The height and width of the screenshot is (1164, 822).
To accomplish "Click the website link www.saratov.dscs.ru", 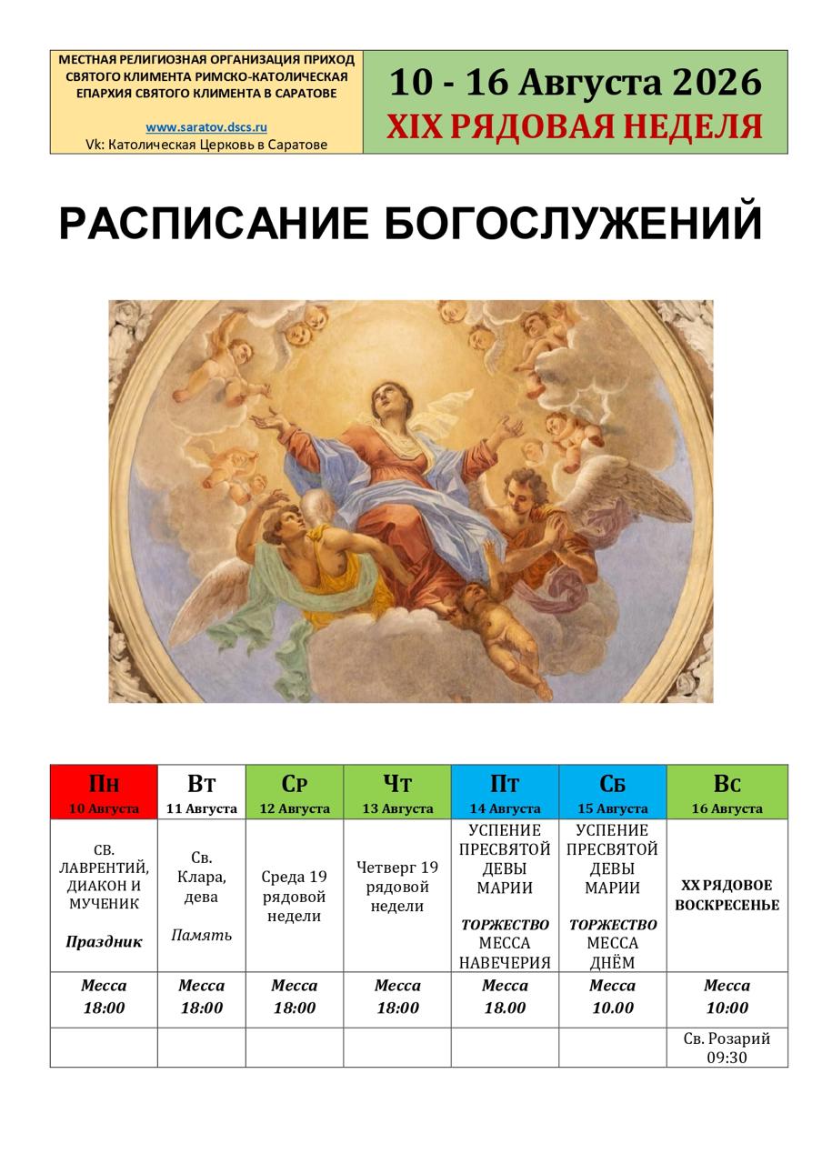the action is tap(206, 127).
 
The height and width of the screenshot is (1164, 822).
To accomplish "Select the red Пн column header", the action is tap(104, 791).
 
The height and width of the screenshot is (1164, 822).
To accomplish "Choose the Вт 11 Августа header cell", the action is tap(202, 791).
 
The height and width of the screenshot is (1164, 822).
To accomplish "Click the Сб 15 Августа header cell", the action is tap(613, 791).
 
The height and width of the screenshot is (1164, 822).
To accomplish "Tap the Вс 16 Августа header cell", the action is tap(727, 791).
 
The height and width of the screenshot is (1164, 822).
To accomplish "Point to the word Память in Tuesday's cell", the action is tap(202, 936).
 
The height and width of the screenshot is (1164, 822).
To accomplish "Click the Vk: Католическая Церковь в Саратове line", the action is tap(206, 145).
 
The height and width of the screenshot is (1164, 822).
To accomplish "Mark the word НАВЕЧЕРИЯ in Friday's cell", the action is tap(505, 962).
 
